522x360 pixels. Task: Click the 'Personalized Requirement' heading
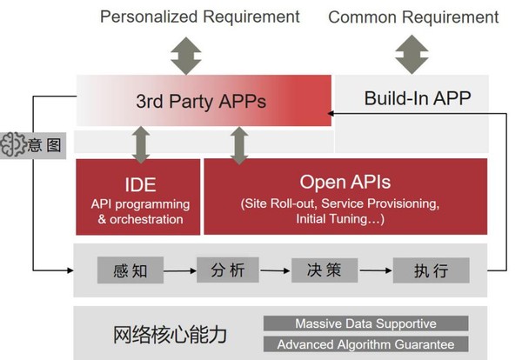click(200, 17)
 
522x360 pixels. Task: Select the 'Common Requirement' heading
click(413, 17)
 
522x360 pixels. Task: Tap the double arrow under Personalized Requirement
click(186, 56)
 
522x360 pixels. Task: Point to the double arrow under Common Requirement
click(412, 54)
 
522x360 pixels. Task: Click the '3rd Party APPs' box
click(204, 101)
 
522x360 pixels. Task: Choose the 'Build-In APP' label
click(418, 98)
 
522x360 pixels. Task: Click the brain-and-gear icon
click(13, 144)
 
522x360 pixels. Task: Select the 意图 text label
click(44, 145)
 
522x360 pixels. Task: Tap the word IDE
click(140, 184)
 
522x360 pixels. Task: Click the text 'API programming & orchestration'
click(140, 211)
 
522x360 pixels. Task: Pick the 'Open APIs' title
click(345, 182)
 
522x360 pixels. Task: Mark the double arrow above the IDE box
click(141, 144)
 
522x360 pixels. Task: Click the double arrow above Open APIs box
click(239, 146)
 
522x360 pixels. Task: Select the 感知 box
click(130, 270)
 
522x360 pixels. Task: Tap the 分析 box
click(228, 270)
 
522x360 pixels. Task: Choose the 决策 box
click(325, 270)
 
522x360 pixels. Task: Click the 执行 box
click(432, 270)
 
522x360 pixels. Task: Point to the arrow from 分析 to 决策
click(275, 270)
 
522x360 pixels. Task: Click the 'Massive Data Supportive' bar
click(366, 323)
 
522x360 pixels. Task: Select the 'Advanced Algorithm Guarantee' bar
click(366, 344)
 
